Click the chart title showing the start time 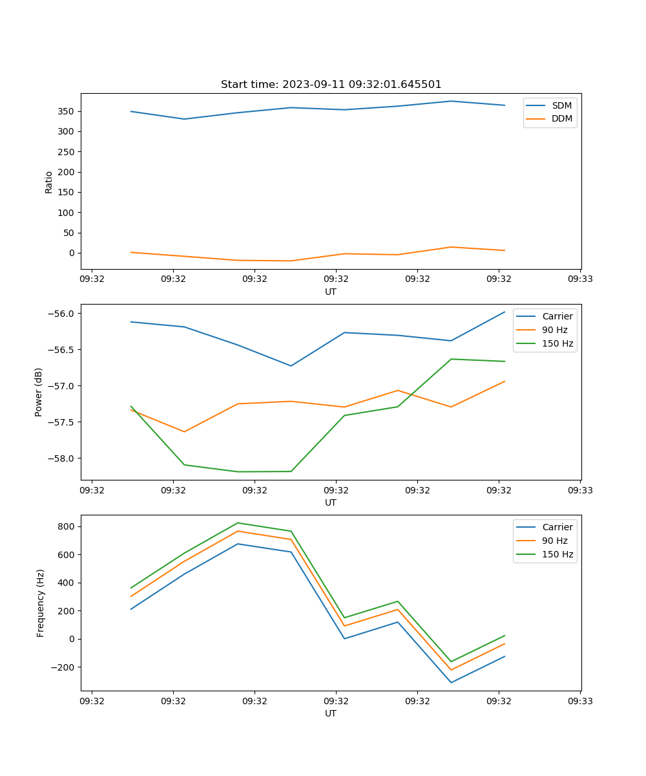pos(331,85)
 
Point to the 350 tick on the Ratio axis pos(67,111)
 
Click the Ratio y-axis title pos(49,182)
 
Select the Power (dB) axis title pos(39,392)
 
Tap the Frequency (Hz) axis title pos(40,603)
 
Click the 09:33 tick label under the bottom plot pos(579,701)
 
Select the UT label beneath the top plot pos(331,292)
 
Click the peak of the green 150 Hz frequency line pos(238,523)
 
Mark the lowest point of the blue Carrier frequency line pos(451,682)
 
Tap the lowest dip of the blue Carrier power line pos(291,366)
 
